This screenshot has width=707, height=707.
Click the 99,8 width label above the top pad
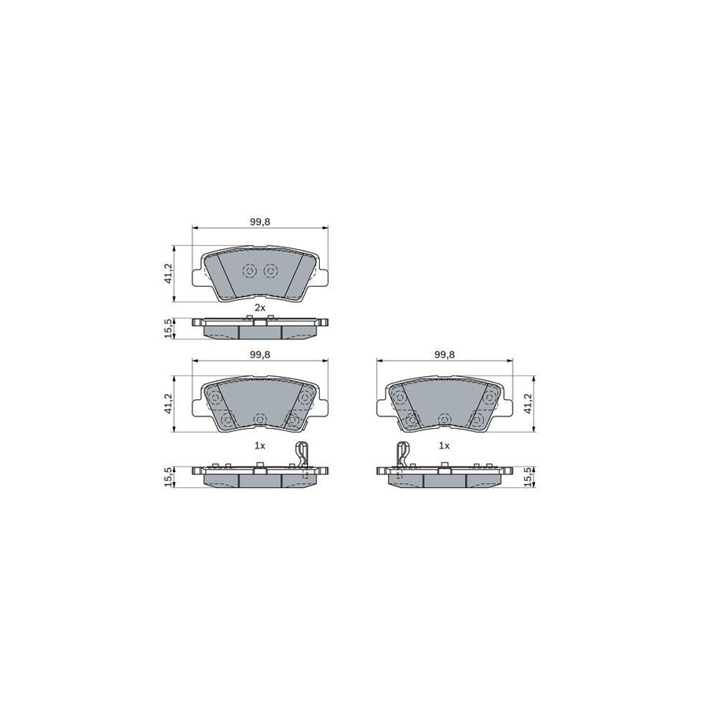[260, 222]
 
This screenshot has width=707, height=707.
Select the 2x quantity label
[260, 307]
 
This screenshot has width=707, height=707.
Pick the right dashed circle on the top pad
[271, 271]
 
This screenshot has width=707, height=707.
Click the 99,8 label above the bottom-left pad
[260, 354]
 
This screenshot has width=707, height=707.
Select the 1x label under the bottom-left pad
[260, 445]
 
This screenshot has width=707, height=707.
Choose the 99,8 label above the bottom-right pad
[445, 354]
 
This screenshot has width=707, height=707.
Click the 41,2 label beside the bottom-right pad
[529, 405]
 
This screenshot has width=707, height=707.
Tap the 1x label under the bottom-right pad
[444, 445]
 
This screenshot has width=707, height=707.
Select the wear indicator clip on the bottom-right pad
[401, 456]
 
